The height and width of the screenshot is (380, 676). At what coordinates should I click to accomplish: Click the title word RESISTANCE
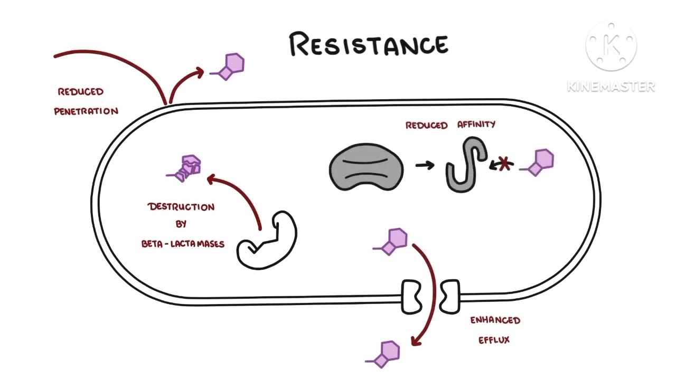(369, 45)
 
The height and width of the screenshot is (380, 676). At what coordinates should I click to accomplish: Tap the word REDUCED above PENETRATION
(81, 92)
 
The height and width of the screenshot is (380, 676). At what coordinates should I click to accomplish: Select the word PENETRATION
(86, 111)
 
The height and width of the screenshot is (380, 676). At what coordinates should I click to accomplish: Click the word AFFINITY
(476, 124)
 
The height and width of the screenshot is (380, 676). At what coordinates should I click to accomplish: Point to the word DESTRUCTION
(181, 207)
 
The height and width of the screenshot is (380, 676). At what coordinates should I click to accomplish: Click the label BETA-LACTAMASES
(183, 244)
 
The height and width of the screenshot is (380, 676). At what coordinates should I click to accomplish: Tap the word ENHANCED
(495, 320)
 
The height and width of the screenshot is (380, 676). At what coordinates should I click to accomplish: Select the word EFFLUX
(494, 340)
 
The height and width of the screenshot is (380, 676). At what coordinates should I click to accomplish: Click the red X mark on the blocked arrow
(504, 164)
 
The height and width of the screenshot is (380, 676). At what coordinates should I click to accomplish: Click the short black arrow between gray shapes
(425, 165)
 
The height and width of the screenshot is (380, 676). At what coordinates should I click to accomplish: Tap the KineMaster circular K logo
(611, 46)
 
